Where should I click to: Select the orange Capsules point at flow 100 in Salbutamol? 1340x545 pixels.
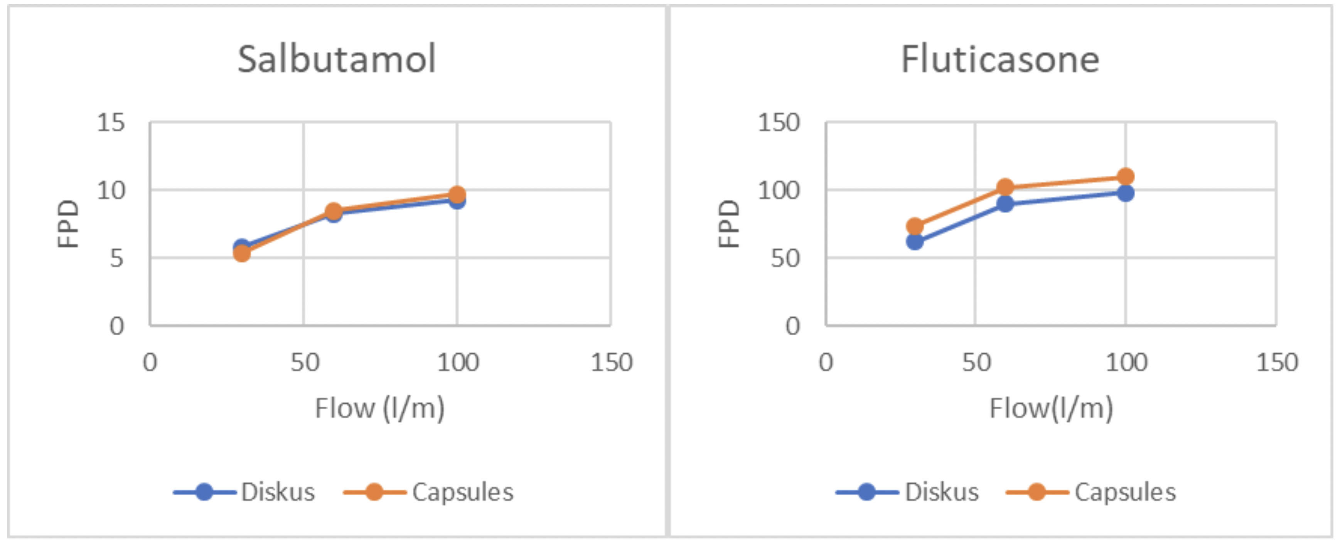457,195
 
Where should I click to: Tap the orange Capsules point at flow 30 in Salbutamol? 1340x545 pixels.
241,253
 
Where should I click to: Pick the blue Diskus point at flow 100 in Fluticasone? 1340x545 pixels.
1125,193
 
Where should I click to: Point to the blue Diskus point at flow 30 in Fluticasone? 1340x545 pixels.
915,241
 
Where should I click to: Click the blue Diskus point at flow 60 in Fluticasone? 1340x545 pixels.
1005,204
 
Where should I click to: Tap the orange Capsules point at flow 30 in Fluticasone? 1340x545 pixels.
915,226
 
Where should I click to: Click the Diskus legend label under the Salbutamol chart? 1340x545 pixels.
278,492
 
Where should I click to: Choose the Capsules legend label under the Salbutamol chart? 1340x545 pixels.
462,492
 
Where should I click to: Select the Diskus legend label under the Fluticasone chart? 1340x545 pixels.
942,492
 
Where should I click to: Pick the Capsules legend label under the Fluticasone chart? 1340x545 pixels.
1125,492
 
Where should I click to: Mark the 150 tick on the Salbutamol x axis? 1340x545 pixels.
611,362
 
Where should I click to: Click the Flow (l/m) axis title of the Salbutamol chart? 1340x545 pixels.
380,408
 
